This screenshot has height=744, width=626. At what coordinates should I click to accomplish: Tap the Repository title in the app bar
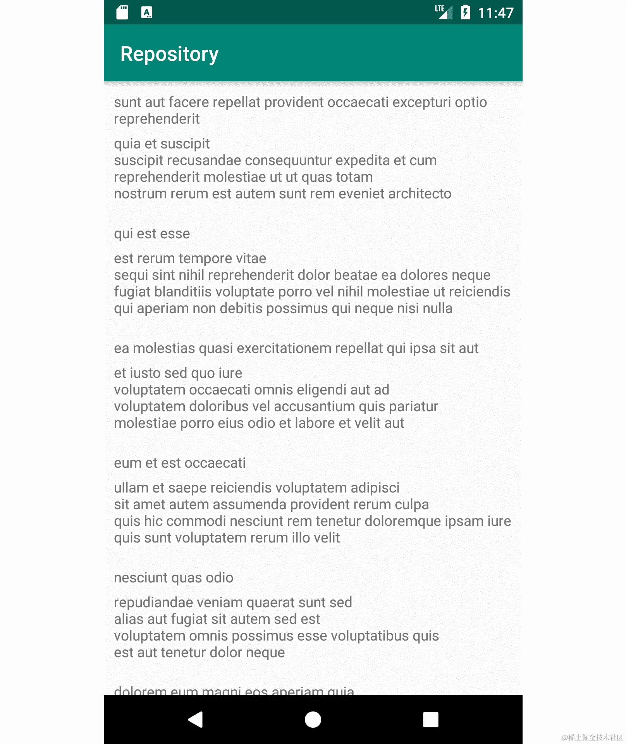(169, 54)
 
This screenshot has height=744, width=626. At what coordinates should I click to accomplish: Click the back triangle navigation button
(196, 720)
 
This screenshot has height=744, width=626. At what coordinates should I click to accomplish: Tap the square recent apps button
(430, 720)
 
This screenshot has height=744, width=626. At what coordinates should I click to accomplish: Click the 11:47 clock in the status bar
(495, 13)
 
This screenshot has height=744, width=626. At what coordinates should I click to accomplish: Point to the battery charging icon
(465, 12)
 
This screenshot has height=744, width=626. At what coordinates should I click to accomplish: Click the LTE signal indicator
(443, 12)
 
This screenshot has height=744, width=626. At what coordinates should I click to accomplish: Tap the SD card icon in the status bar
(122, 12)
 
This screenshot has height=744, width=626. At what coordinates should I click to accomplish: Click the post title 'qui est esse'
(152, 234)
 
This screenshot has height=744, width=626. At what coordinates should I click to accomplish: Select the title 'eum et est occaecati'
(180, 463)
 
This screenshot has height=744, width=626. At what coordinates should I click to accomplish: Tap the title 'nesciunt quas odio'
(174, 578)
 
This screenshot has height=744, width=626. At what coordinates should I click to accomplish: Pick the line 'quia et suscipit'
(162, 144)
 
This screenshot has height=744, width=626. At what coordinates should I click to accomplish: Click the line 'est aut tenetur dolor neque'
(199, 653)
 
